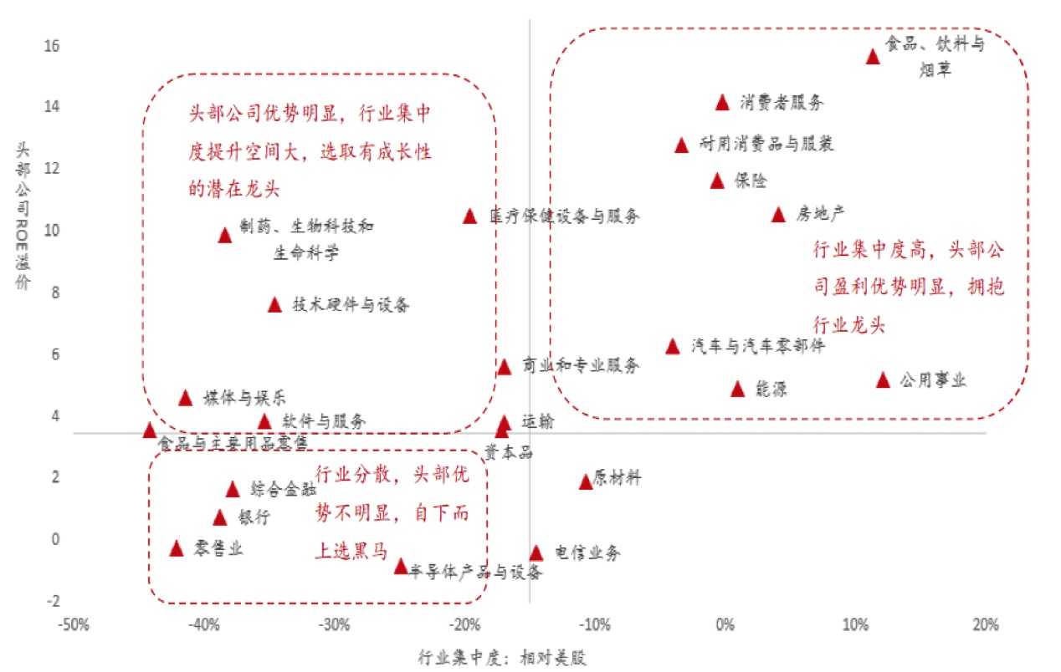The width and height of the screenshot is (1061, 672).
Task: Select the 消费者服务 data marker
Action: pos(723,102)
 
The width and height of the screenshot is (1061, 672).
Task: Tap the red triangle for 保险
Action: pos(717,181)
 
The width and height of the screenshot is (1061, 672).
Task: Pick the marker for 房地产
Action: pos(778,215)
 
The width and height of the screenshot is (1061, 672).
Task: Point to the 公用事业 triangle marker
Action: pos(883,380)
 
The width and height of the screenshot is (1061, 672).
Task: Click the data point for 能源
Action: pos(737,389)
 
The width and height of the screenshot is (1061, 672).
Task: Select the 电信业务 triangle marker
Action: pos(536,552)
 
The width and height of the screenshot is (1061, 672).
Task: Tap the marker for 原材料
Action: pos(586,481)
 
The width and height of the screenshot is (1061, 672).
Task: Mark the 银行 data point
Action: pos(220,517)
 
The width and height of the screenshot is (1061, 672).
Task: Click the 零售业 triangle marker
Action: pos(177,548)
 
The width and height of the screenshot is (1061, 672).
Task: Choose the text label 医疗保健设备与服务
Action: pos(565,216)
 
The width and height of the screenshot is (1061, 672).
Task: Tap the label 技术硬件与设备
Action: pos(351,305)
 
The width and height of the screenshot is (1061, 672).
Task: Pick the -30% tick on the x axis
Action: pos(334,625)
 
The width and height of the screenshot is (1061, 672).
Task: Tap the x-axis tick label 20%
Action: pos(986,625)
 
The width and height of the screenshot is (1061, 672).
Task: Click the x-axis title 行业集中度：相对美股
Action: pos(502,657)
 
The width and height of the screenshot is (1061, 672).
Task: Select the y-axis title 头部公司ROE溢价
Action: pos(24,216)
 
